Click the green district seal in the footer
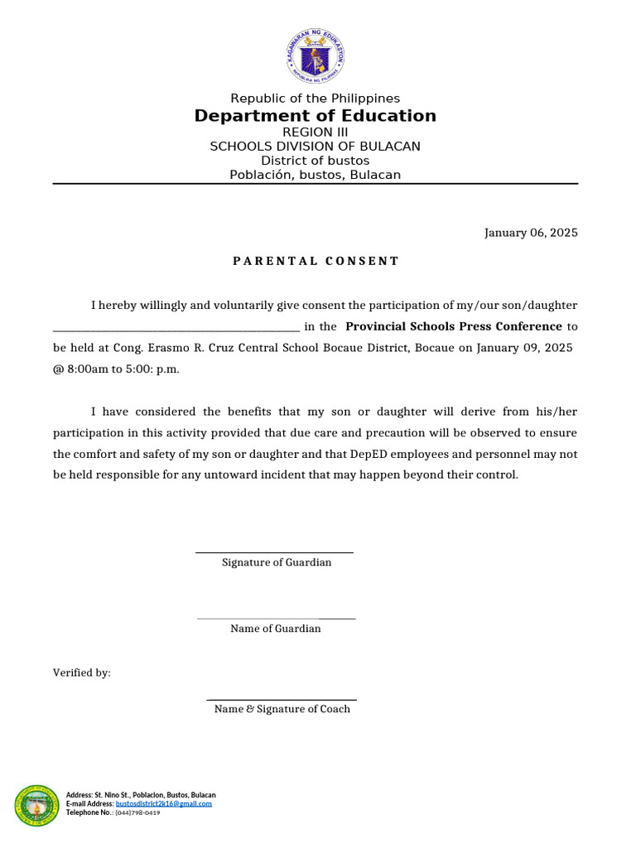(x=36, y=807)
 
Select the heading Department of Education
(x=315, y=116)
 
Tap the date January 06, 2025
(x=531, y=233)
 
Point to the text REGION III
(x=315, y=132)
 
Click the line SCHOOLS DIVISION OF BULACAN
(x=315, y=147)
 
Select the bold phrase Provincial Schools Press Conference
(x=453, y=326)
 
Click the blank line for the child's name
(x=176, y=328)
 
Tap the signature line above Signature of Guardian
(x=274, y=552)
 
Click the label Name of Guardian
(x=275, y=629)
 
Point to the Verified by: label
(x=82, y=673)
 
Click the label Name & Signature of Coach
(x=282, y=709)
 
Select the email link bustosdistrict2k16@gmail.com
(x=164, y=803)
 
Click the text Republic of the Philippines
(x=315, y=99)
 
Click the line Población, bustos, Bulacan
(x=315, y=175)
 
